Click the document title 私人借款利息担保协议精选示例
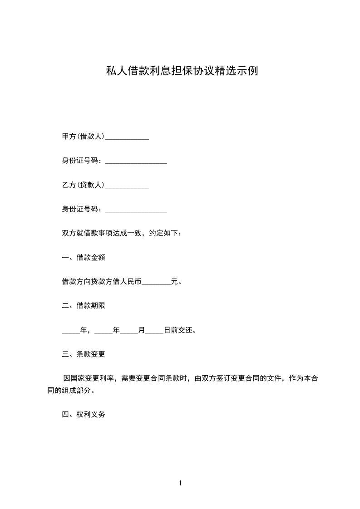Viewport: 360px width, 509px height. click(182, 71)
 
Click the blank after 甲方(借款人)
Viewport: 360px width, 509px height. click(127, 137)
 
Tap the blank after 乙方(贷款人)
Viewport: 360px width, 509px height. click(127, 186)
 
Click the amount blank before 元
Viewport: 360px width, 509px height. click(156, 282)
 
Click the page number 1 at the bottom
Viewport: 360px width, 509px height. click(180, 483)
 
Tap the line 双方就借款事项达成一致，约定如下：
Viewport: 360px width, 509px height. click(122, 234)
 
